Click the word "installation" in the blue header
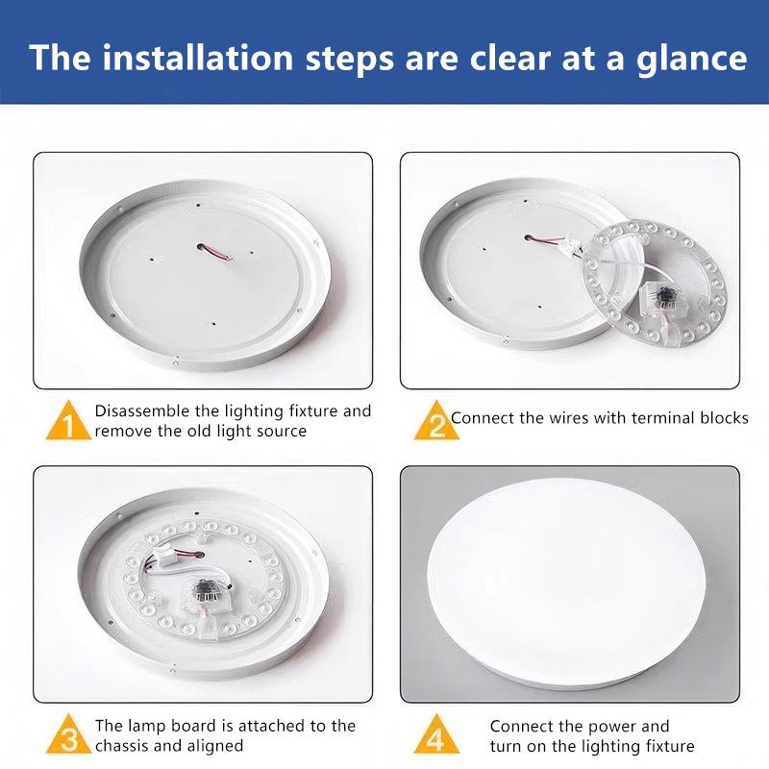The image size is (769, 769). tap(197, 58)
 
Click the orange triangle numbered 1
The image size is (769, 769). tap(68, 420)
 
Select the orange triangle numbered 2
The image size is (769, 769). tap(436, 420)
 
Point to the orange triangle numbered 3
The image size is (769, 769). tap(68, 733)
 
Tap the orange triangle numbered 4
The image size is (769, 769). tap(436, 733)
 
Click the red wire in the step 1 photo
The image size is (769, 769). tap(215, 251)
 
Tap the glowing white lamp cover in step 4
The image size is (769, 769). tap(566, 581)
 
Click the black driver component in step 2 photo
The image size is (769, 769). tap(665, 296)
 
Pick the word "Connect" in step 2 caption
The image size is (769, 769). tap(483, 418)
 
